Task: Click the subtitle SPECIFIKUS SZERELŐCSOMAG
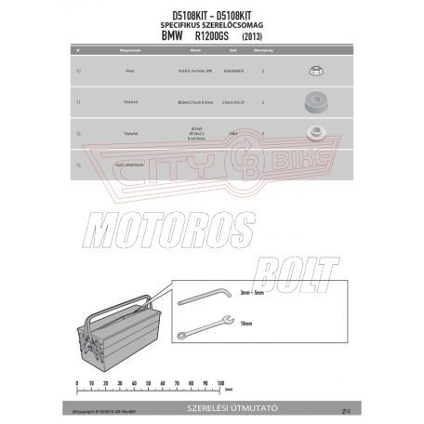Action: point(212,24)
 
